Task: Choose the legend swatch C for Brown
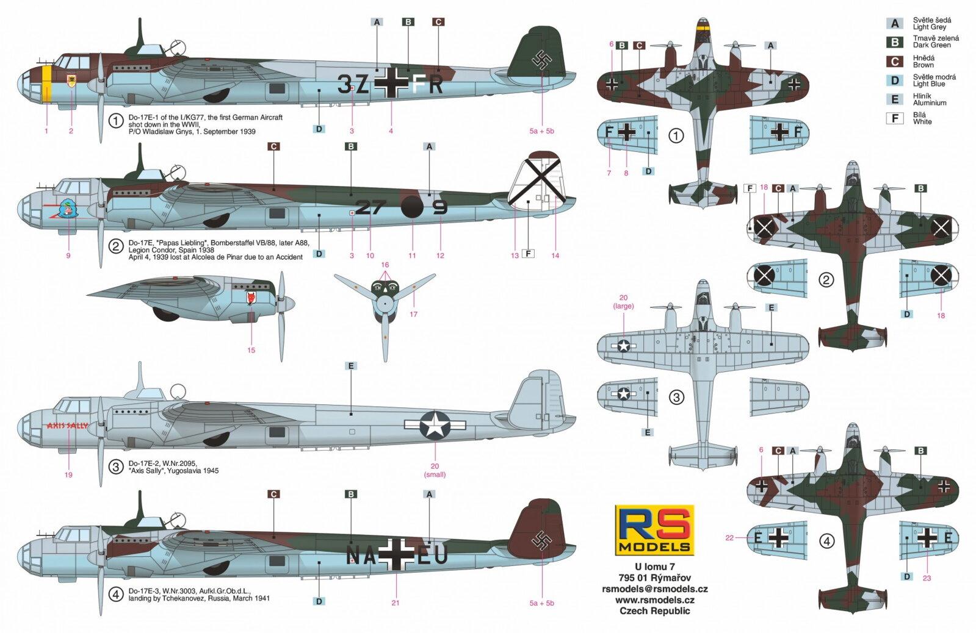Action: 894,62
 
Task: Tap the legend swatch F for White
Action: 894,118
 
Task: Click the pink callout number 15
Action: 251,350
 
